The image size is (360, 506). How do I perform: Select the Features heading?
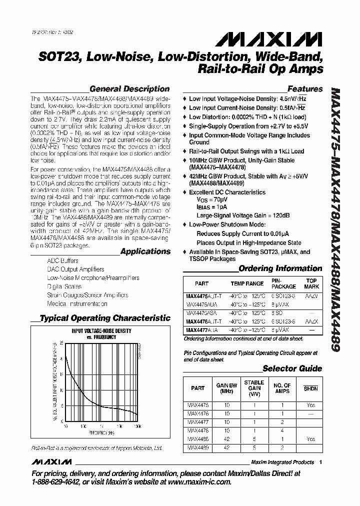(305, 89)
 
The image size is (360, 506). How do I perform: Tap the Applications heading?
(145, 251)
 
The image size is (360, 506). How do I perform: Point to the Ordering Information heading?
(280, 268)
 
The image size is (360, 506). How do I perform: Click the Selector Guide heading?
(292, 368)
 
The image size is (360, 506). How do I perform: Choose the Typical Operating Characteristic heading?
(104, 317)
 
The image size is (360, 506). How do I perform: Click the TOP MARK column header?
(312, 283)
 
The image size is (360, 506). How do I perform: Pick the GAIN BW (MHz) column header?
(226, 388)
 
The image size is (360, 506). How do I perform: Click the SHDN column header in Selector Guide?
(311, 388)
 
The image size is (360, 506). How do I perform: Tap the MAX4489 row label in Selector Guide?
(198, 448)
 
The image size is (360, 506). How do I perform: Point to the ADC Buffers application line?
(62, 261)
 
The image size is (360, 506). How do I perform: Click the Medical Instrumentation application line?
(77, 303)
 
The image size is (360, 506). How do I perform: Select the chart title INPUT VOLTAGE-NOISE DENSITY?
(101, 331)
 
